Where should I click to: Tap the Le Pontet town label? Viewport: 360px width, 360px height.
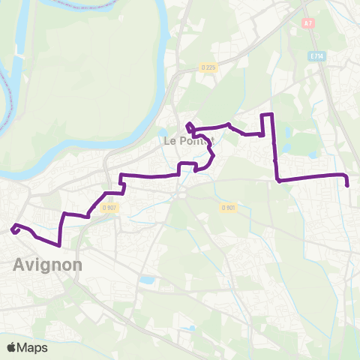(189, 140)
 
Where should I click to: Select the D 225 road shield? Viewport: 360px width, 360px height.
(208, 67)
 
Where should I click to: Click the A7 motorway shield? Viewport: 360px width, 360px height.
(307, 23)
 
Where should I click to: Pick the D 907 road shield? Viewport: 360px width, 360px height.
(109, 208)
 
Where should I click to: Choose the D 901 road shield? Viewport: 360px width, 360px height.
(229, 208)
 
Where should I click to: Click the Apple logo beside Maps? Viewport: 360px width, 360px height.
(12, 347)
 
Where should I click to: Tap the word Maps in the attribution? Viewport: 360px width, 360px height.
(33, 348)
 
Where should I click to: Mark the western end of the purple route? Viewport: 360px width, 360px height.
(13, 230)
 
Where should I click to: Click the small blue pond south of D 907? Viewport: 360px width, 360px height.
(147, 280)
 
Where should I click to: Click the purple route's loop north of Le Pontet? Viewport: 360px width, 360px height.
(190, 127)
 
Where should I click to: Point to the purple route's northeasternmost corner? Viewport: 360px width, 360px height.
(272, 114)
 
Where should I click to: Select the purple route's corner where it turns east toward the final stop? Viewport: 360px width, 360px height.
(278, 181)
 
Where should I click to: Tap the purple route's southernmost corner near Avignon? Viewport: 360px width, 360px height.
(58, 244)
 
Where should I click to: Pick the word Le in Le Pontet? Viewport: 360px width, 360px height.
(169, 140)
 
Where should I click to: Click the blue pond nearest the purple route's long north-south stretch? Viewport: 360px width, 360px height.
(311, 156)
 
